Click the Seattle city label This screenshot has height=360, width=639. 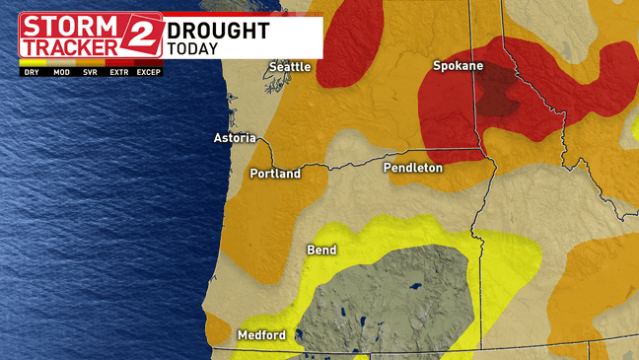coord(291,67)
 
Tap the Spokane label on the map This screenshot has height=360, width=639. coord(458,66)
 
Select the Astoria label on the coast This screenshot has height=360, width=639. coord(235,138)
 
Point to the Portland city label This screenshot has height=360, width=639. coord(275,174)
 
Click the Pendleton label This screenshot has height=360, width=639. coord(413,169)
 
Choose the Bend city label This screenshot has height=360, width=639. coord(322,251)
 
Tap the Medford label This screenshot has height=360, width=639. coord(261,335)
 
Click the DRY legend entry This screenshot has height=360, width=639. coord(33,72)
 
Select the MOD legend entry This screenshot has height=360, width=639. coord(61,72)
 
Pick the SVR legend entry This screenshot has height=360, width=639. coord(90,72)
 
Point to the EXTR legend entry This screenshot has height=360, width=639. coord(118,72)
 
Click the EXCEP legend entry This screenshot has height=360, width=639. coord(148,72)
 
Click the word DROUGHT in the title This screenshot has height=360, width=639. coord(218,31)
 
